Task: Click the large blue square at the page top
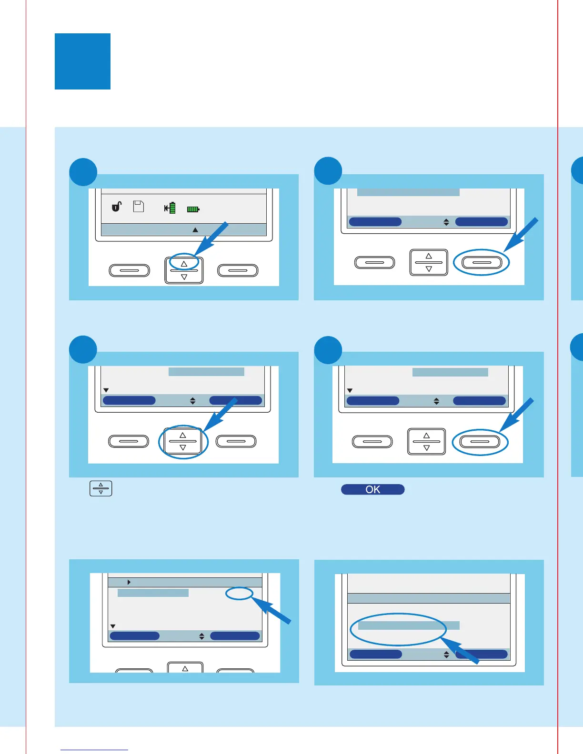82,61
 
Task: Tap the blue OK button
372,489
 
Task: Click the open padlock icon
116,206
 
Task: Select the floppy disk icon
139,206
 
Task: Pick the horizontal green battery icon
193,209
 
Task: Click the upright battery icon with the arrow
171,208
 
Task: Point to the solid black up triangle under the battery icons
195,230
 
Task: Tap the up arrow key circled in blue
184,263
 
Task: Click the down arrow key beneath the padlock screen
184,277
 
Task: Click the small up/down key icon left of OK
101,489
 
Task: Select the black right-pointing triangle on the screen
129,582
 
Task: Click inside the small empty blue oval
239,593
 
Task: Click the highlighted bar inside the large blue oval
408,625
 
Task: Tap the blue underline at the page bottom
94,750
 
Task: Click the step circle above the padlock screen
83,172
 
